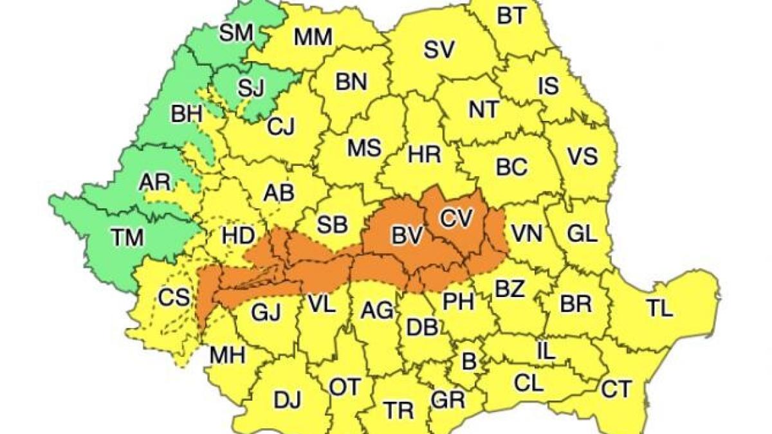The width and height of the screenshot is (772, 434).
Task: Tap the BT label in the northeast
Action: [x=512, y=16]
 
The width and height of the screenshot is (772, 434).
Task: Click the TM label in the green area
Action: [x=127, y=238]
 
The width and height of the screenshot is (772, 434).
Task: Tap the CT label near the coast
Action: [x=617, y=388]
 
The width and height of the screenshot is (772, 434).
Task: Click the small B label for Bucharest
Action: [x=470, y=362]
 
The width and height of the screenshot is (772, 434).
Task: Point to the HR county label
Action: [x=425, y=154]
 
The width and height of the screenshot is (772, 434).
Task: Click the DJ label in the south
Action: [x=287, y=400]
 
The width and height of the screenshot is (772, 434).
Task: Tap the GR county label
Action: [x=448, y=400]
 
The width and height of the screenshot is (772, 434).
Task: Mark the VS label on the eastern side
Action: [x=582, y=156]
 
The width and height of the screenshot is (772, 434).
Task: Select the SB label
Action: [x=333, y=224]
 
